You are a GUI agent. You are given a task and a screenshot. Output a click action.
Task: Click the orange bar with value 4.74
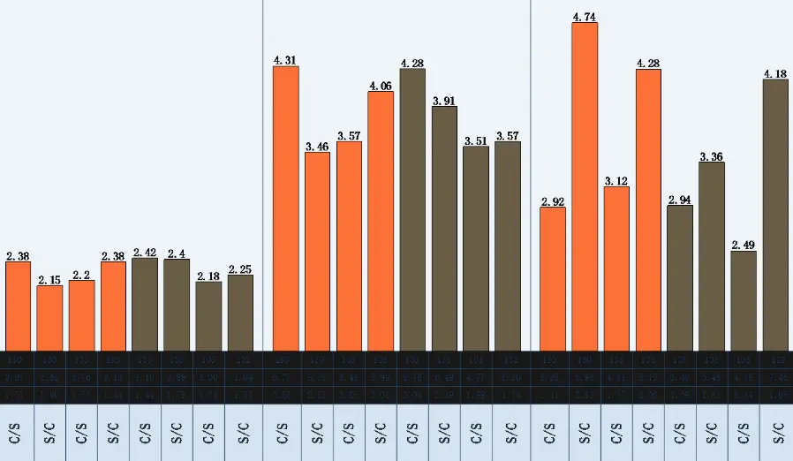pyautogui.click(x=585, y=185)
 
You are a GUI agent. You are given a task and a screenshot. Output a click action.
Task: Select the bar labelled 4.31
pyautogui.click(x=285, y=208)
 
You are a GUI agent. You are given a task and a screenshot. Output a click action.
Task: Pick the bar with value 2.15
pyautogui.click(x=49, y=318)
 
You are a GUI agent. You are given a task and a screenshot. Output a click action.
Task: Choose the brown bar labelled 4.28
pyautogui.click(x=412, y=208)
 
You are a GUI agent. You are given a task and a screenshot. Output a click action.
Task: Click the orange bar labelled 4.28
pyautogui.click(x=648, y=209)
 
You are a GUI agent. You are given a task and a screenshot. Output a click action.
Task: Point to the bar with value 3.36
pyautogui.click(x=712, y=256)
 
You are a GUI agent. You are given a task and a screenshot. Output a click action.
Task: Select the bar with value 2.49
pyautogui.click(x=744, y=300)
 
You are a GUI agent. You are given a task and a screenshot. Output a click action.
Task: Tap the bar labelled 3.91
pyautogui.click(x=444, y=228)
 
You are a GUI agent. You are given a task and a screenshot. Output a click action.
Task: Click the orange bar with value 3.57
pyautogui.click(x=349, y=246)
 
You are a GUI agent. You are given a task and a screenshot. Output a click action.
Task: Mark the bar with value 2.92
pyautogui.click(x=553, y=278)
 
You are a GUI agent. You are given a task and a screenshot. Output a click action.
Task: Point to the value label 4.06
pyautogui.click(x=381, y=86)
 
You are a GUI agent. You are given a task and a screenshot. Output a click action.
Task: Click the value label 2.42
pyautogui.click(x=145, y=253)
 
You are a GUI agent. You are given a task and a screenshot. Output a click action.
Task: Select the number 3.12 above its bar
pyautogui.click(x=616, y=181)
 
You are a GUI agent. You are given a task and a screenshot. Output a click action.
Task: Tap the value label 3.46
pyautogui.click(x=317, y=147)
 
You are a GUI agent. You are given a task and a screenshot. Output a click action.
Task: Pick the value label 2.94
pyautogui.click(x=680, y=200)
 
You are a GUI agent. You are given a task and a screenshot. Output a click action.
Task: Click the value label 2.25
pyautogui.click(x=240, y=269)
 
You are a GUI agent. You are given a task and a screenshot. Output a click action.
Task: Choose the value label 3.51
pyautogui.click(x=476, y=140)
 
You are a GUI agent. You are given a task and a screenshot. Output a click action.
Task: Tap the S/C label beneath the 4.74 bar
pyautogui.click(x=585, y=432)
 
